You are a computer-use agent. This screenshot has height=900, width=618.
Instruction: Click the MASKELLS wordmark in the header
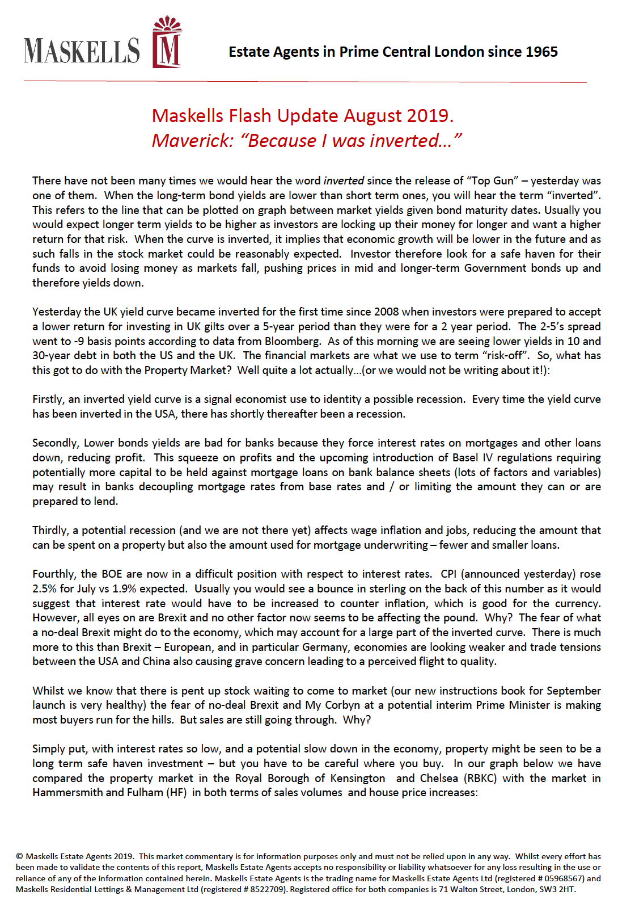82,51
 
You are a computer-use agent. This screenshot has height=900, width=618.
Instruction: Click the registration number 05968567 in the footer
563,878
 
